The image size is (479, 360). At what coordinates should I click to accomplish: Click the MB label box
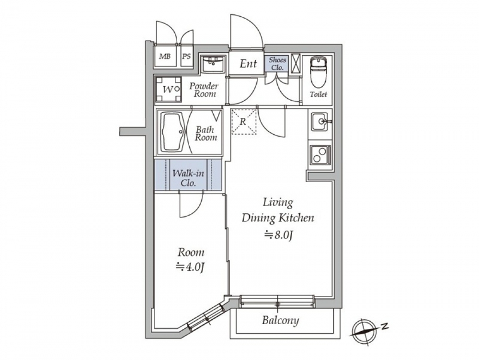[165, 57]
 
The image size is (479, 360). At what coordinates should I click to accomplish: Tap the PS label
[186, 57]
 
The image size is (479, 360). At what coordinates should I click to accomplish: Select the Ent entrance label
[248, 63]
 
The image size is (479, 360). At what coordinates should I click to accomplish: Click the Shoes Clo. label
[277, 64]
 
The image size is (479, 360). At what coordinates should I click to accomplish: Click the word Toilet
[318, 94]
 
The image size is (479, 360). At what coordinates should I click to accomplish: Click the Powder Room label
[203, 90]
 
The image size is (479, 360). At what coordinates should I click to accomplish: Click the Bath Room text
[206, 133]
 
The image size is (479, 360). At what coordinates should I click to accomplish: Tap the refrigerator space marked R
[243, 122]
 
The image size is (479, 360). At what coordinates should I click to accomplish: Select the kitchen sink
[319, 122]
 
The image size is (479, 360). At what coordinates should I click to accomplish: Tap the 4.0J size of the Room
[191, 267]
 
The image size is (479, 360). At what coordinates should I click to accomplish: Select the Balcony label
[280, 320]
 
